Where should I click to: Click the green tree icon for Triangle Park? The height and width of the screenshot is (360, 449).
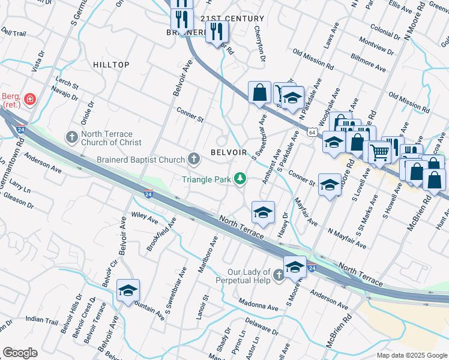pyautogui.click(x=240, y=178)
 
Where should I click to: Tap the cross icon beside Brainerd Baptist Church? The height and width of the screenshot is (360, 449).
pyautogui.click(x=193, y=159)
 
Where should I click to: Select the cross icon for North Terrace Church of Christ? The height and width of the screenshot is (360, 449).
pyautogui.click(x=71, y=137)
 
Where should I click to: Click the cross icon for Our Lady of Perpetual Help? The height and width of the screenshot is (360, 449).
pyautogui.click(x=278, y=275)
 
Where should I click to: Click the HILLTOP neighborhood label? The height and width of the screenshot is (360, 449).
pyautogui.click(x=111, y=64)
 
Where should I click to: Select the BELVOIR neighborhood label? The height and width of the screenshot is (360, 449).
pyautogui.click(x=229, y=152)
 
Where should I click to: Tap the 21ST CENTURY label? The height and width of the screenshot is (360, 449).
pyautogui.click(x=232, y=19)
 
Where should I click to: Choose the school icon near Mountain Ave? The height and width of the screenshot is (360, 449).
pyautogui.click(x=128, y=291)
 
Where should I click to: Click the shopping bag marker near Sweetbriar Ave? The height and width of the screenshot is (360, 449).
pyautogui.click(x=259, y=93)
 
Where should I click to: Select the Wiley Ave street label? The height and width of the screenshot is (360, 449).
pyautogui.click(x=144, y=217)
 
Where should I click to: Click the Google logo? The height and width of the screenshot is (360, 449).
pyautogui.click(x=20, y=353)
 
